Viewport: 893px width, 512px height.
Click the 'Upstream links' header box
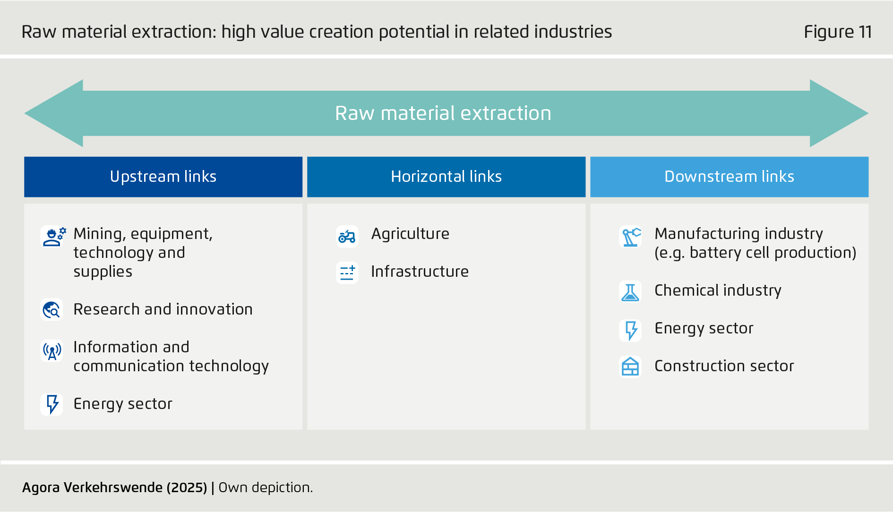pyautogui.click(x=163, y=177)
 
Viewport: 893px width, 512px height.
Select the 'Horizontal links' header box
pyautogui.click(x=446, y=177)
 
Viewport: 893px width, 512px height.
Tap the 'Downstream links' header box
pyautogui.click(x=729, y=177)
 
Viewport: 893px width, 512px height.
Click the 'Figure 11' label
pyautogui.click(x=838, y=32)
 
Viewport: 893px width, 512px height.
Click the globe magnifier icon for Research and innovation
pyautogui.click(x=52, y=310)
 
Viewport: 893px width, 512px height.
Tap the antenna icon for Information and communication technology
pyautogui.click(x=52, y=350)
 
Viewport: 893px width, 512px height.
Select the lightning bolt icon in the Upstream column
pyautogui.click(x=52, y=404)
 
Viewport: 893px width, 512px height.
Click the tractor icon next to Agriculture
pyautogui.click(x=347, y=236)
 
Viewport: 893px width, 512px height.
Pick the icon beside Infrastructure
pyautogui.click(x=347, y=272)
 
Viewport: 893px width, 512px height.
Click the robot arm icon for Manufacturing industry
pyautogui.click(x=630, y=236)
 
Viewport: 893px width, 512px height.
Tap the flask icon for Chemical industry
pyautogui.click(x=630, y=291)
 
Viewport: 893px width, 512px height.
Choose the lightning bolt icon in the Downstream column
pyautogui.click(x=630, y=330)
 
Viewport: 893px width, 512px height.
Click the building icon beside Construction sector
pyautogui.click(x=630, y=367)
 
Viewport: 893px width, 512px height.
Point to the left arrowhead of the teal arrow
pyautogui.click(x=25, y=113)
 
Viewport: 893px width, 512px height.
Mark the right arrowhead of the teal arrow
pyautogui.click(x=868, y=113)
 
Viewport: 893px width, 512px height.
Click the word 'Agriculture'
pyautogui.click(x=410, y=234)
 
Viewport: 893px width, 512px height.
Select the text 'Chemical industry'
pyautogui.click(x=718, y=290)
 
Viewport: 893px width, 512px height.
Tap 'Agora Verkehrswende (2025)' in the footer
pyautogui.click(x=115, y=487)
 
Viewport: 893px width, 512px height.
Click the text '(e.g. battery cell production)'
pyautogui.click(x=755, y=253)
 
